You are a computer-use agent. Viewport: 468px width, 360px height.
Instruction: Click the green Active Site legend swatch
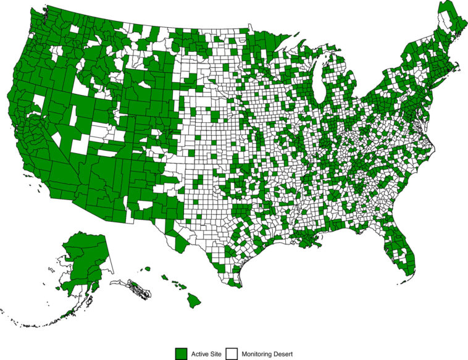pos(181,353)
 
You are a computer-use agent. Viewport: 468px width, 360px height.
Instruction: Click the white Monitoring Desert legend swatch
pos(232,353)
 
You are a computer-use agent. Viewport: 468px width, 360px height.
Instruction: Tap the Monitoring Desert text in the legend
pos(267,354)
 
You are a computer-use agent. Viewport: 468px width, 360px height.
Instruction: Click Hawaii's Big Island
pos(194,300)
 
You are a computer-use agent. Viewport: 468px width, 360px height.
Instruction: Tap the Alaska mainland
pos(83,259)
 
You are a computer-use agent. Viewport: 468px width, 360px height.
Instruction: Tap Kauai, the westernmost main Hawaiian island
pos(147,269)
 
